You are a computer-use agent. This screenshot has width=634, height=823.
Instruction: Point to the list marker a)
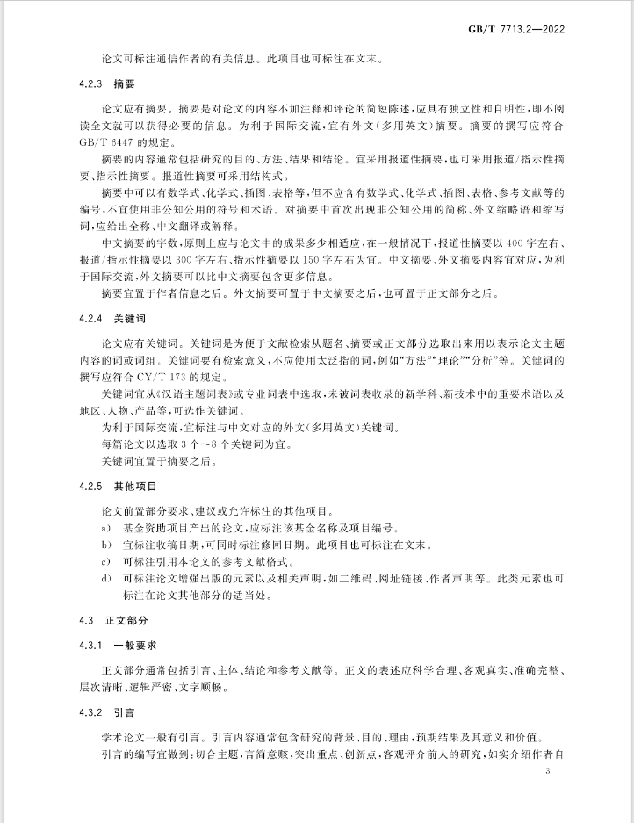tap(104, 529)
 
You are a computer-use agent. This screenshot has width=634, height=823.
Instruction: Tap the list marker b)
tap(104, 545)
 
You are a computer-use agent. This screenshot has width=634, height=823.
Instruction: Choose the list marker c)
tap(104, 561)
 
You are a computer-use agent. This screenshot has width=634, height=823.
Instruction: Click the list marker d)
tap(104, 577)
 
